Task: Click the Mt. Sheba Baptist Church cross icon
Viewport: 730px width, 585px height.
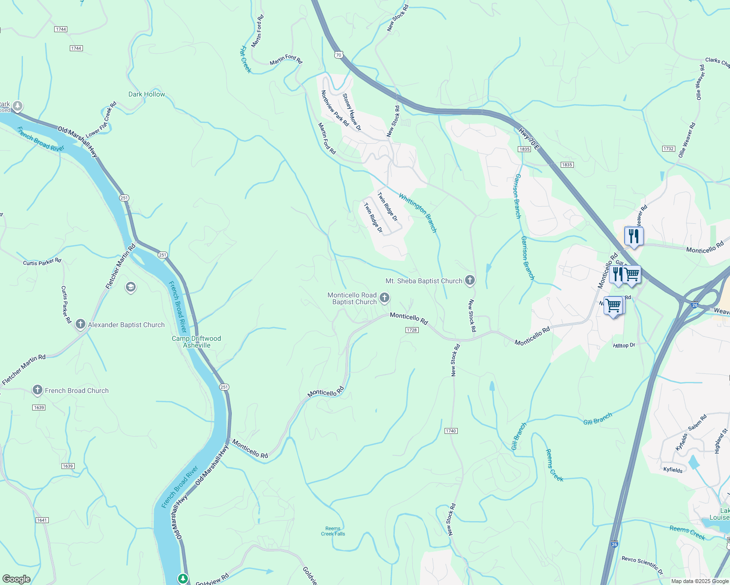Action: click(x=469, y=280)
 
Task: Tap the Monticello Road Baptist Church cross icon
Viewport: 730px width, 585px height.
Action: click(x=385, y=298)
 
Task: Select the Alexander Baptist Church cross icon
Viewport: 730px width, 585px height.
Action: click(x=81, y=325)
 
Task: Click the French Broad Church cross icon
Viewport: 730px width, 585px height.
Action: click(x=38, y=390)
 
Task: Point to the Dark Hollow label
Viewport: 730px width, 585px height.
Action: click(x=146, y=94)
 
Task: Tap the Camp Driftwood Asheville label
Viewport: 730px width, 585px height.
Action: click(x=196, y=342)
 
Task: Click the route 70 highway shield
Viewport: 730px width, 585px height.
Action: click(x=339, y=55)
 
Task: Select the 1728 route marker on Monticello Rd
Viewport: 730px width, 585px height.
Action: click(x=412, y=330)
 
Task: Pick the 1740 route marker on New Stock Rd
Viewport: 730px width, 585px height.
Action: click(x=450, y=431)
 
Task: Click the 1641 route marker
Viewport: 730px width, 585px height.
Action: click(x=42, y=520)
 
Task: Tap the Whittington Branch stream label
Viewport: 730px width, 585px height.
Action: click(x=418, y=213)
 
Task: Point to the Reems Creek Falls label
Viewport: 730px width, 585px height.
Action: click(x=333, y=531)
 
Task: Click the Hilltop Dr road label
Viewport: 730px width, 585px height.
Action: click(x=624, y=345)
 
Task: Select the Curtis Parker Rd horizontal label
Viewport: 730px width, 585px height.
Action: click(x=42, y=262)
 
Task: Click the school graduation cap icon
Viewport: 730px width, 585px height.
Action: click(x=130, y=287)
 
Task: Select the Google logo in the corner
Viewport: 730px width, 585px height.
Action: click(x=16, y=579)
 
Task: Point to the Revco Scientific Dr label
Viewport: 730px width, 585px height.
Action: click(x=642, y=564)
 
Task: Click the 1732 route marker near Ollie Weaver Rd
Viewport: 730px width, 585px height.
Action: click(x=669, y=149)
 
